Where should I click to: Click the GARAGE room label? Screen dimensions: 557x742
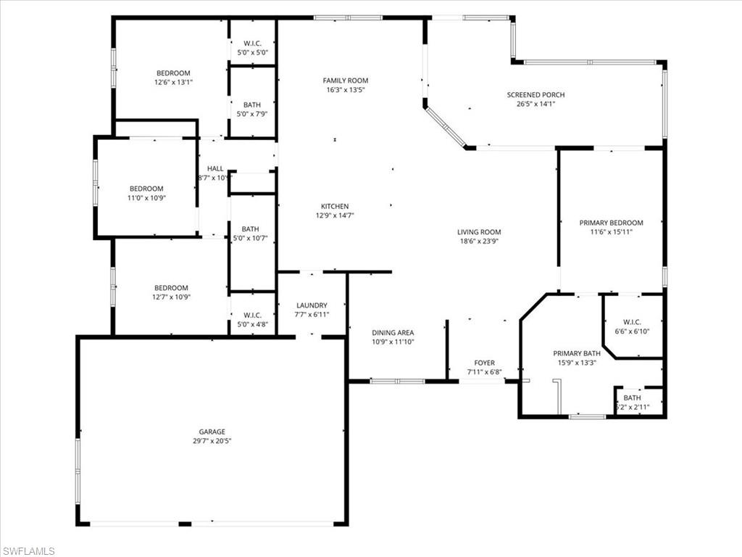click(212, 431)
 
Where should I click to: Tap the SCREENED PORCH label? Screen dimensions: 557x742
click(535, 95)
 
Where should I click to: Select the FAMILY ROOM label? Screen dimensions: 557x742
click(346, 81)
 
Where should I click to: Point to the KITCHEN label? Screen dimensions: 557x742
click(335, 207)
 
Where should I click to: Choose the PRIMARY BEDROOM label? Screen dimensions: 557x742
click(611, 223)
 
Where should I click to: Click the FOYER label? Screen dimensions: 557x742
click(484, 363)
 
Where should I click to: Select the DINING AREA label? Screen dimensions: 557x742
click(393, 333)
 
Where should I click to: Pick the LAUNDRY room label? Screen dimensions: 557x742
click(312, 305)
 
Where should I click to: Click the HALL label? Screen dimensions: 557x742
click(215, 168)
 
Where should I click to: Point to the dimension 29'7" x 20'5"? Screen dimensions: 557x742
click(212, 440)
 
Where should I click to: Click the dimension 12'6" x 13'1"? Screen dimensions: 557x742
click(173, 82)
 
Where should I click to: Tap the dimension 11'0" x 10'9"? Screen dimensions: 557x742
click(146, 198)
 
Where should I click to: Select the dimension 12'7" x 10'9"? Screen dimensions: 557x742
click(171, 297)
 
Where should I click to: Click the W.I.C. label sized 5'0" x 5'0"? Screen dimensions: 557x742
click(252, 44)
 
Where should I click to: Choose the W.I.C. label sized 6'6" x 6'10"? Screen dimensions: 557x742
click(633, 322)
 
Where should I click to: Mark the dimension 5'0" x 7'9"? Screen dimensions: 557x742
click(253, 114)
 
